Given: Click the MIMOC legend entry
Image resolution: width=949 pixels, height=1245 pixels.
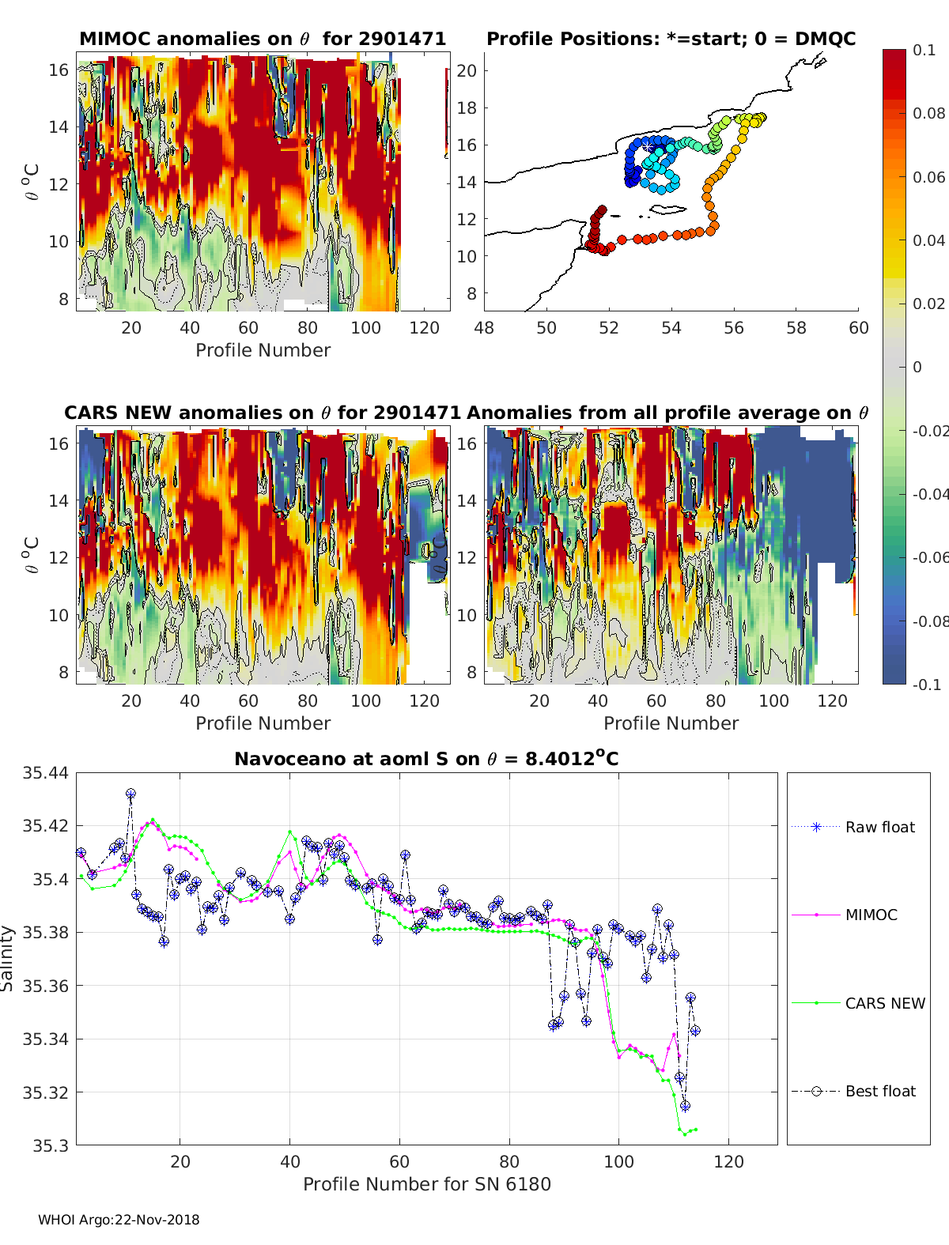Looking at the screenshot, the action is pyautogui.click(x=845, y=915).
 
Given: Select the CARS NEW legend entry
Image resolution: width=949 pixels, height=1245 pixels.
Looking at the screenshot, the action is pyautogui.click(x=858, y=1003).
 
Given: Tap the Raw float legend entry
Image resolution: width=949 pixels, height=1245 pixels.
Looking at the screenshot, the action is pyautogui.click(x=853, y=827).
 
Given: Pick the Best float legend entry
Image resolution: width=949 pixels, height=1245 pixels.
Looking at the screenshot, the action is pyautogui.click(x=853, y=1091).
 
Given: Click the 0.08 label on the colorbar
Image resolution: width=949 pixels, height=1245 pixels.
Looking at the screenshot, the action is pyautogui.click(x=928, y=114).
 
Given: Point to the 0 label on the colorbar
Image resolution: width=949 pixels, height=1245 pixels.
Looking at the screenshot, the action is pyautogui.click(x=917, y=367).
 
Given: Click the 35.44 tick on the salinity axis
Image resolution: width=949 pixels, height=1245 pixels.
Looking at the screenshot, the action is pyautogui.click(x=45, y=772).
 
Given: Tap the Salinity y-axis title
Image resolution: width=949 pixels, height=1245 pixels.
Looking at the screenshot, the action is pyautogui.click(x=7, y=959).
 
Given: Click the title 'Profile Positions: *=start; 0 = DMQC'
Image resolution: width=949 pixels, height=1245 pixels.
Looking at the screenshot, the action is pyautogui.click(x=671, y=39).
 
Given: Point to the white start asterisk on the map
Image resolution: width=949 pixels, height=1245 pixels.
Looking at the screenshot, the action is pyautogui.click(x=647, y=148).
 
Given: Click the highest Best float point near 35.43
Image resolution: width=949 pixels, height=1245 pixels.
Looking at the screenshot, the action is pyautogui.click(x=131, y=794).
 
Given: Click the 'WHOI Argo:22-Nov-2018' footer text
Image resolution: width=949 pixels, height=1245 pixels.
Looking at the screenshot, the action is pyautogui.click(x=119, y=1220).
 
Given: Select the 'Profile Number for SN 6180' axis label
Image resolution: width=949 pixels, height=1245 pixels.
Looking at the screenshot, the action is pyautogui.click(x=426, y=1184).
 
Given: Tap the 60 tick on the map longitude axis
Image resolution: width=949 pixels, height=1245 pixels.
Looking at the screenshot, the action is pyautogui.click(x=858, y=328).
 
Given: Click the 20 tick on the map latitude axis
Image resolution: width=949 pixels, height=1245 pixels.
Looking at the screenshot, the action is pyautogui.click(x=467, y=71).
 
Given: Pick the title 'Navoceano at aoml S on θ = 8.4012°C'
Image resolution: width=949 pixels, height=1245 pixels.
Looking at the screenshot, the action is pyautogui.click(x=426, y=758).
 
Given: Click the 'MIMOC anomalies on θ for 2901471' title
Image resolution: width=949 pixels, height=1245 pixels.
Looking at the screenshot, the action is pyautogui.click(x=263, y=39).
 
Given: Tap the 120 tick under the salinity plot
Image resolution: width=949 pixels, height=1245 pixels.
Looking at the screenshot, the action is pyautogui.click(x=728, y=1161).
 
